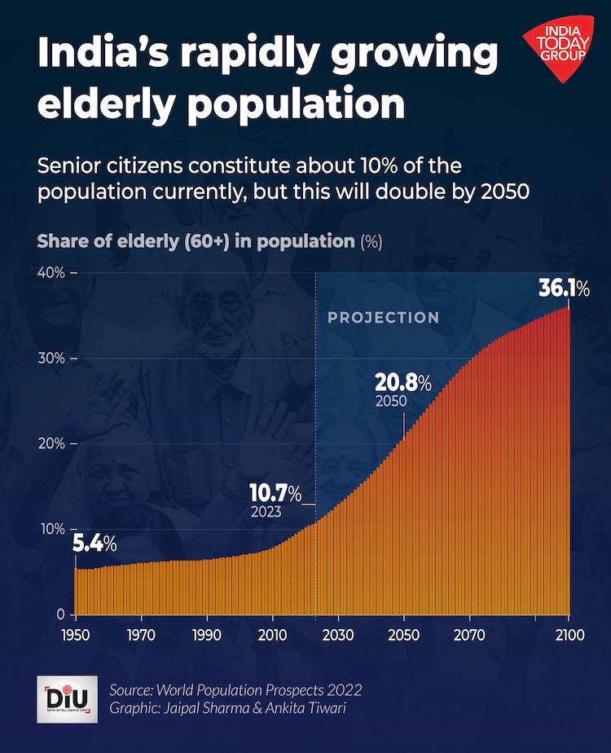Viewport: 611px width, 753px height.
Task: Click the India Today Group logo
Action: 558,51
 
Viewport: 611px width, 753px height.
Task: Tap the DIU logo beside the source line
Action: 67,698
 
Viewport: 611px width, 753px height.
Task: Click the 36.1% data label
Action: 564,289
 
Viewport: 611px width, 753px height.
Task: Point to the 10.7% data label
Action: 275,493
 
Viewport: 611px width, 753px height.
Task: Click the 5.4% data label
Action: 95,544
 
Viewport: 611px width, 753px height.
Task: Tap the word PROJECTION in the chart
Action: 383,318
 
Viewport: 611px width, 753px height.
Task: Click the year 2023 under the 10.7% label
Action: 266,513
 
